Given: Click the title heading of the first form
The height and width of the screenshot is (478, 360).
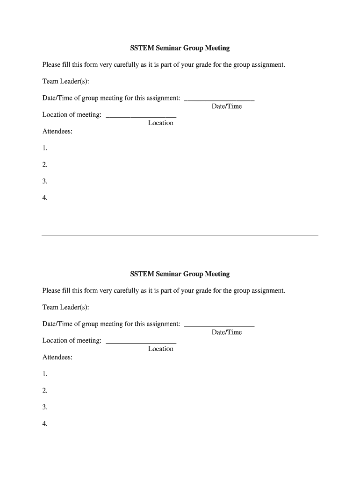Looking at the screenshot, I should pyautogui.click(x=180, y=48).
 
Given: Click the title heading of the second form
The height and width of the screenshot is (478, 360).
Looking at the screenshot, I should pyautogui.click(x=180, y=274).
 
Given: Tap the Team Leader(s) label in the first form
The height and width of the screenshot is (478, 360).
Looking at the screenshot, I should pyautogui.click(x=65, y=81).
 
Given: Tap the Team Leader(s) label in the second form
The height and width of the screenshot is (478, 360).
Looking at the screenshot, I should pyautogui.click(x=65, y=307).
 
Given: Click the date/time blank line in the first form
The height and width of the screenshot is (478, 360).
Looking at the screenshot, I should pyautogui.click(x=219, y=100).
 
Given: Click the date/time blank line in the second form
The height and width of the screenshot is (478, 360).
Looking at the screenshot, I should pyautogui.click(x=219, y=326).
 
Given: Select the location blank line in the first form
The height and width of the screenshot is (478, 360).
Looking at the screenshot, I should pyautogui.click(x=141, y=117).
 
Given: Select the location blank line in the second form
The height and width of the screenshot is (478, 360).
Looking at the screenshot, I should pyautogui.click(x=141, y=343).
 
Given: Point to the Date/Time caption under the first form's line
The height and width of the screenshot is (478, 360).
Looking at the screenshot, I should pyautogui.click(x=227, y=106).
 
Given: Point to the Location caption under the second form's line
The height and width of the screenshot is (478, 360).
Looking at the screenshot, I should pyautogui.click(x=160, y=349).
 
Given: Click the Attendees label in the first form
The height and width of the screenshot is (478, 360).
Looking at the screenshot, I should pyautogui.click(x=58, y=131).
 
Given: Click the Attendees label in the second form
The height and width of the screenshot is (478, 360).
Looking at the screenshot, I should pyautogui.click(x=58, y=357).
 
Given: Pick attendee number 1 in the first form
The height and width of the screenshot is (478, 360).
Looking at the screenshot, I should pyautogui.click(x=45, y=148).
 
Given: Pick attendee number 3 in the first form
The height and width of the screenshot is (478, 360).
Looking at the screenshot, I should pyautogui.click(x=45, y=181).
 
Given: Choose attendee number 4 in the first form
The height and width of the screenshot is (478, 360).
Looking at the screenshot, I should pyautogui.click(x=45, y=198).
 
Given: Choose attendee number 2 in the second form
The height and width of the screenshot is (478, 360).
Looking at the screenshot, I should pyautogui.click(x=45, y=390).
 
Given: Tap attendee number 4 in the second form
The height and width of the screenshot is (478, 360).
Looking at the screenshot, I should pyautogui.click(x=45, y=424).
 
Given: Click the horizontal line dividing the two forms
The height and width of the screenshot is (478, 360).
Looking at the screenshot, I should pyautogui.click(x=180, y=236).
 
